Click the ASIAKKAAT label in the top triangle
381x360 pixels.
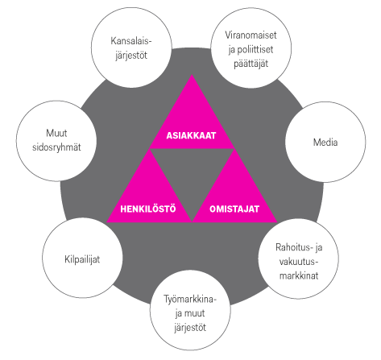[x=191, y=135]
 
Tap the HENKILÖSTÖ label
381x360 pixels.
[x=148, y=209]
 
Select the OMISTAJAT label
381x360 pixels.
[x=234, y=209]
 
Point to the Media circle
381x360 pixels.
[x=325, y=142]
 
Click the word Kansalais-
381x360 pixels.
[x=131, y=41]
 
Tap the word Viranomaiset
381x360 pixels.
[x=251, y=35]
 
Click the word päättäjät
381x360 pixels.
[x=251, y=64]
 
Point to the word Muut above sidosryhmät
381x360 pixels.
[x=56, y=133]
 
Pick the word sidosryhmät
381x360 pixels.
[x=56, y=147]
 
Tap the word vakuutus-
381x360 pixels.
[x=299, y=262]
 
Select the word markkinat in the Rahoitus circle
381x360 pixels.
[x=299, y=275]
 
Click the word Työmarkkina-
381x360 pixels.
[x=190, y=299]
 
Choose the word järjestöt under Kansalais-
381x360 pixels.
[x=131, y=56]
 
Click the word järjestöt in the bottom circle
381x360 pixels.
[x=190, y=328]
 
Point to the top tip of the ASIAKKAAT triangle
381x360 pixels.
[x=192, y=75]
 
